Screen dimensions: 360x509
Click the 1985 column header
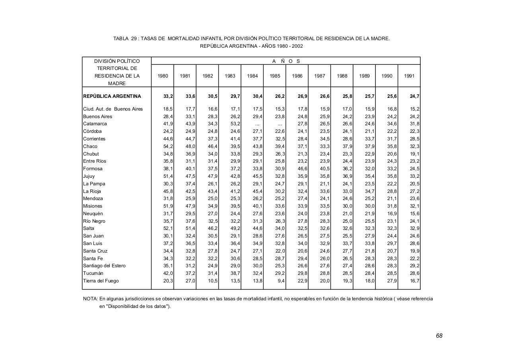275,76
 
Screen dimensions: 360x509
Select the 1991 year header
409,76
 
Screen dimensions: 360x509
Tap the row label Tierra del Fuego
101,281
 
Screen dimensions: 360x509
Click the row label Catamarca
95,124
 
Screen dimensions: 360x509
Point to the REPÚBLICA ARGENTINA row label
112,96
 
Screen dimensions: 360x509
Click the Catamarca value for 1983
235,124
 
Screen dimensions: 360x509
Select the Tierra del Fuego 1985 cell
280,281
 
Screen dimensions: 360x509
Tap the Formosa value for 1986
302,169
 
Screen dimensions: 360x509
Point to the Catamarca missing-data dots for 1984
257,124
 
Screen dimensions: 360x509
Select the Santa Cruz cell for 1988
347,251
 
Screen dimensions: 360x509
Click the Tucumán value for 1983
235,273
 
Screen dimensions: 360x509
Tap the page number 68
439,336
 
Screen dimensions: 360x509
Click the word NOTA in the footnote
90,298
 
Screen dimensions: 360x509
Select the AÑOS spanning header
286,61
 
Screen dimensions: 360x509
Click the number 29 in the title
134,39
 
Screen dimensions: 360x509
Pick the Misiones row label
93,206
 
